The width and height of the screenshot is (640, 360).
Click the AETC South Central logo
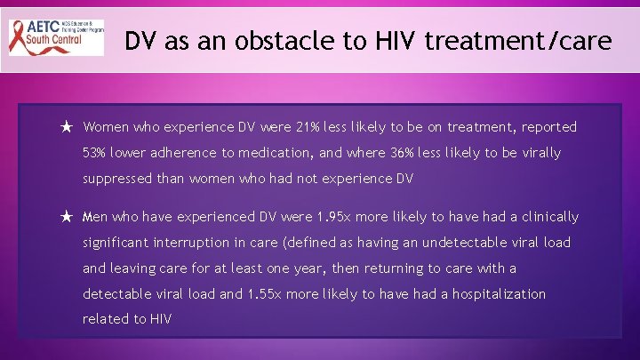56,37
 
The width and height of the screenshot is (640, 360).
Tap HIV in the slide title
390,41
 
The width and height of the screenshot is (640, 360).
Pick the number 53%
96,153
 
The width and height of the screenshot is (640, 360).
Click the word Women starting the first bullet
107,128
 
